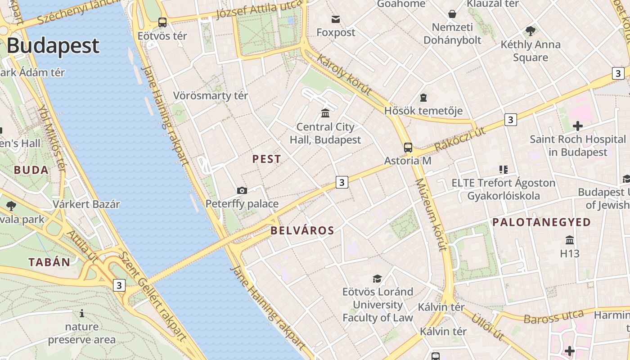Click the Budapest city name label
point(53,46)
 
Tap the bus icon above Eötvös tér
point(162,22)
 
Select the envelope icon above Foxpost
point(336,19)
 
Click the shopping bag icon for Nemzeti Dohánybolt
point(452,14)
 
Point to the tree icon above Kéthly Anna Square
point(531,31)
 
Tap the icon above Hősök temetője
point(423,97)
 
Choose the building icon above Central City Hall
point(325,112)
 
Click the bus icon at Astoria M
point(408,147)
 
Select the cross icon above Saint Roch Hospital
point(577,126)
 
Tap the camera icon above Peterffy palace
point(242,190)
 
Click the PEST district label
point(266,159)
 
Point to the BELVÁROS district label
point(302,231)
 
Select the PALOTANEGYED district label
point(541,222)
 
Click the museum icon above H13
point(570,239)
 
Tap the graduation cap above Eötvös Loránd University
point(377,279)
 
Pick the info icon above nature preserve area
point(82,313)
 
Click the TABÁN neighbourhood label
point(49,262)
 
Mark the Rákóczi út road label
point(460,139)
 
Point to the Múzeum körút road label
point(431,214)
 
